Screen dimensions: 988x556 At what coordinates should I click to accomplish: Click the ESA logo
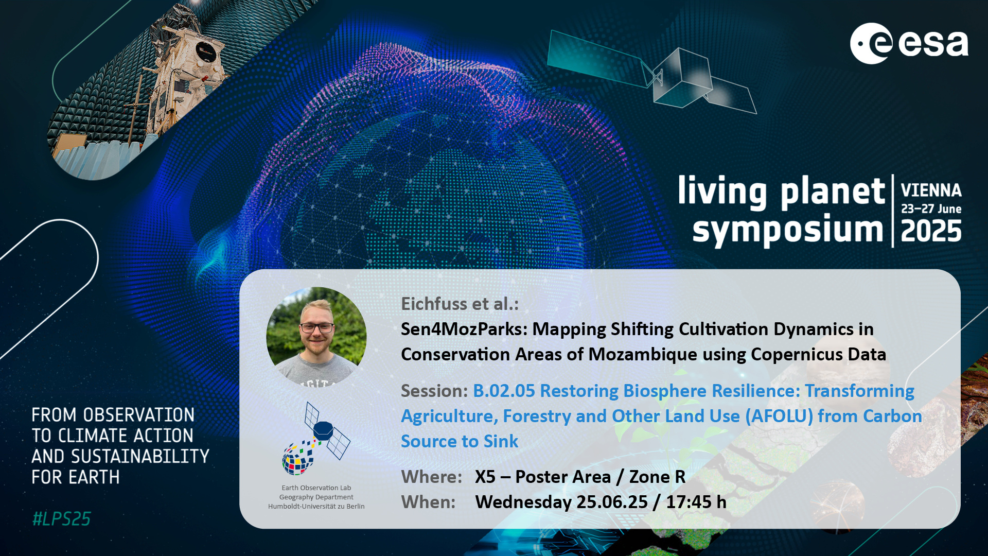[x=909, y=43]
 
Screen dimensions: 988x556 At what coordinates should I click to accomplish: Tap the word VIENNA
[x=931, y=190]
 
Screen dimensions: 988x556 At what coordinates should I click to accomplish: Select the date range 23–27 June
[x=931, y=209]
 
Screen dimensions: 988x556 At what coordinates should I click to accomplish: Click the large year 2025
[x=931, y=231]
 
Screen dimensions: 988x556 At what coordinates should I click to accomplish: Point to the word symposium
[x=788, y=231]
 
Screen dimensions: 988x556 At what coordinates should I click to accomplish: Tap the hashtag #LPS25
[x=61, y=519]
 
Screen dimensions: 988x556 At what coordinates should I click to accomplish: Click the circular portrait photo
[x=316, y=337]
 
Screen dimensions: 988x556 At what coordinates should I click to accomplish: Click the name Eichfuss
[x=434, y=304]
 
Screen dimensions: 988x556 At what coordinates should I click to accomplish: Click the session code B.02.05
[x=504, y=391]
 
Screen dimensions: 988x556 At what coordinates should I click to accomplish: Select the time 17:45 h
[x=696, y=502]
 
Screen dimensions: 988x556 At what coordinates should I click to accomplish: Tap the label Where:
[x=431, y=477]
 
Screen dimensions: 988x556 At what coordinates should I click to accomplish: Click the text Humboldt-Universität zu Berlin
[x=316, y=506]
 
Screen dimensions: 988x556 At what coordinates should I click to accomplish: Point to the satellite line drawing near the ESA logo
[x=652, y=72]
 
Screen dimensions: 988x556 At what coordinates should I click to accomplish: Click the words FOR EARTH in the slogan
[x=76, y=477]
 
